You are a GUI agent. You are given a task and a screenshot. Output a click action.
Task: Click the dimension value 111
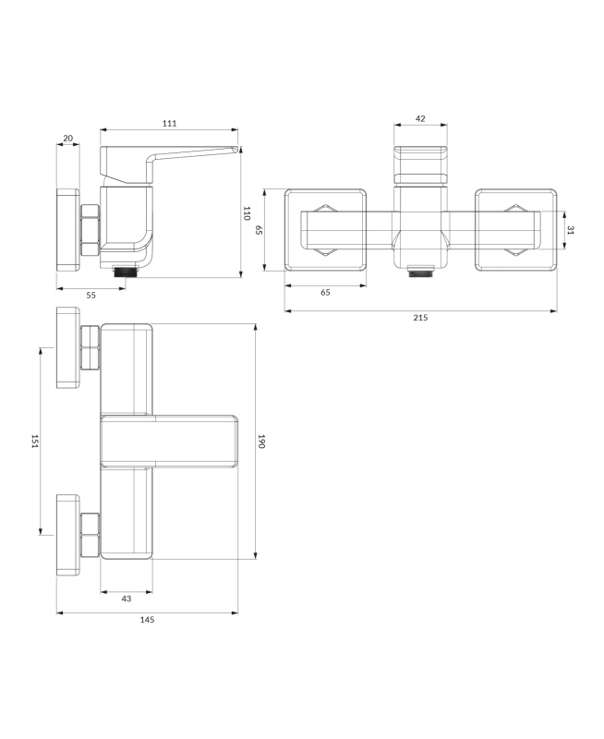pyautogui.click(x=170, y=124)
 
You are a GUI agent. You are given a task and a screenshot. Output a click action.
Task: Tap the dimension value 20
pyautogui.click(x=67, y=138)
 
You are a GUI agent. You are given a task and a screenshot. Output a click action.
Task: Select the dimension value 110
pyautogui.click(x=246, y=213)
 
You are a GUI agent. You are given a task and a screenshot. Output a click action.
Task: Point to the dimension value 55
pyautogui.click(x=91, y=295)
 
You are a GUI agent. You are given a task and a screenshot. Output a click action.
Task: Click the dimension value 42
pyautogui.click(x=420, y=119)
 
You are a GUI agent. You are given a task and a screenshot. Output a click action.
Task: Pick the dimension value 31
pyautogui.click(x=571, y=230)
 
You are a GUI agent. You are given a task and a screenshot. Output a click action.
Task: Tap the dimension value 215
pyautogui.click(x=420, y=318)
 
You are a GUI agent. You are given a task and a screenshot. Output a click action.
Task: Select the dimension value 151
pyautogui.click(x=35, y=442)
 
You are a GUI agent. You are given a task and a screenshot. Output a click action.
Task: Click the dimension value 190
pyautogui.click(x=262, y=442)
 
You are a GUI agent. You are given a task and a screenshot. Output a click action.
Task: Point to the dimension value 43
pyautogui.click(x=127, y=599)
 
